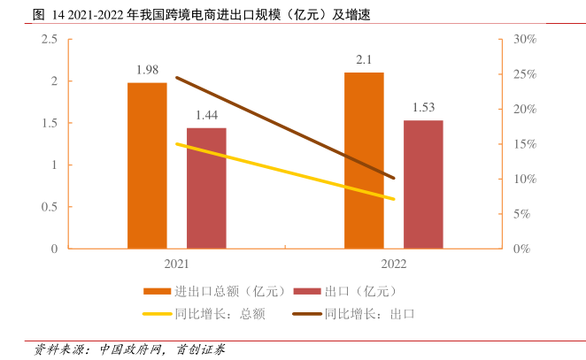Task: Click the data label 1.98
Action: click(x=147, y=70)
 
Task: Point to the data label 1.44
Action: click(x=206, y=115)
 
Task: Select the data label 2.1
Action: click(x=364, y=60)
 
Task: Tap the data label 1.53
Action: click(x=423, y=108)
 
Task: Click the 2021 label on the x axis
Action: click(x=176, y=264)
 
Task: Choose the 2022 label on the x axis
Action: click(x=393, y=264)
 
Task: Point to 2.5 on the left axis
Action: click(x=50, y=39)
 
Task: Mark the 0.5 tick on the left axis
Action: click(x=50, y=207)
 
